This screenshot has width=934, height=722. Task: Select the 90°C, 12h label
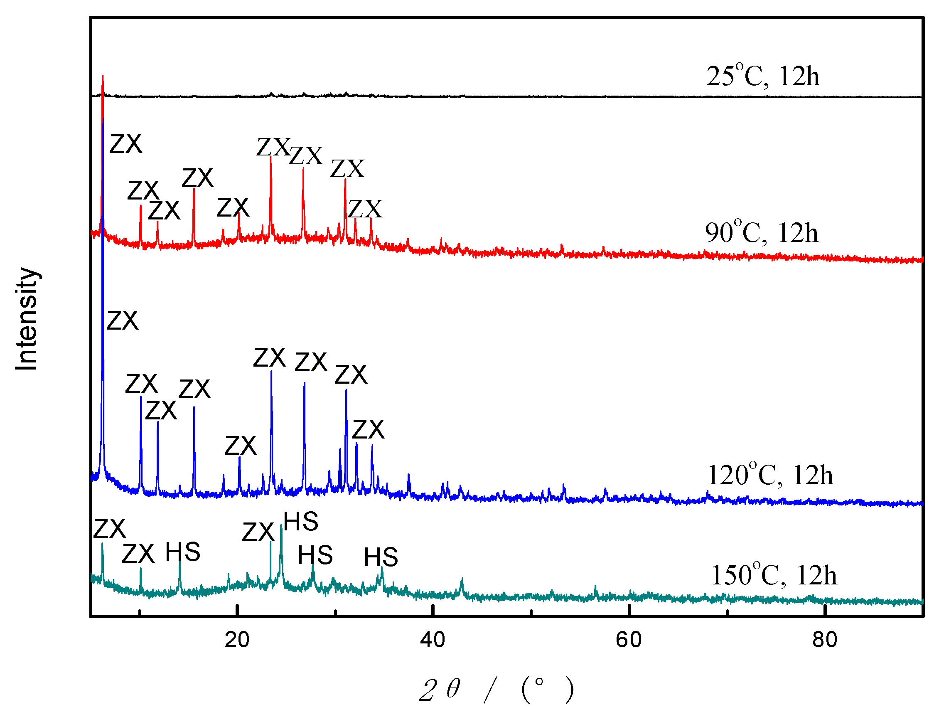[762, 234]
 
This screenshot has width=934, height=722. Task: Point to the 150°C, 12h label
[774, 575]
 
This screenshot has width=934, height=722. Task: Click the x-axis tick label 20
[237, 640]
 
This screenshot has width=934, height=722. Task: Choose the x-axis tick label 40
[433, 640]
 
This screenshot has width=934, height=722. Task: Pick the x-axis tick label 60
[629, 640]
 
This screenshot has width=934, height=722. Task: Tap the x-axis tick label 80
[824, 640]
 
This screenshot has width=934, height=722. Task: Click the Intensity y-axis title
[27, 319]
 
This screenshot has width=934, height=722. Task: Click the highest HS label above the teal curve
[301, 521]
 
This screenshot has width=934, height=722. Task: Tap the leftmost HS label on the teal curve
[183, 552]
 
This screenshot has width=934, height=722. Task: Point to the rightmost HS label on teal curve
[381, 557]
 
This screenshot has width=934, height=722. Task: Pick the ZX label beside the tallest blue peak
[122, 321]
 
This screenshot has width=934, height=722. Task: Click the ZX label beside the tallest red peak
[125, 144]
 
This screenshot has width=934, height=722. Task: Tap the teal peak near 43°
[462, 579]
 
